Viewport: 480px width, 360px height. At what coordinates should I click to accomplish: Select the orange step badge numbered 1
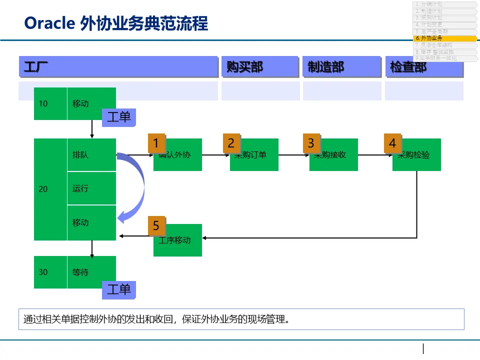tap(156, 143)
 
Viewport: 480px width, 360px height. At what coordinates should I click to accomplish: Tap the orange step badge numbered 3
tap(311, 143)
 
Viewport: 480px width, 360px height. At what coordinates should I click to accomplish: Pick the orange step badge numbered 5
tap(156, 226)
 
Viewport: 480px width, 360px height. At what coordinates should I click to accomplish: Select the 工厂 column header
tap(118, 67)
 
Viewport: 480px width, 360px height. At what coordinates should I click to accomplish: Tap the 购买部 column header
tap(260, 67)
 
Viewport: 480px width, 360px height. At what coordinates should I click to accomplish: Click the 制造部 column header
tap(341, 67)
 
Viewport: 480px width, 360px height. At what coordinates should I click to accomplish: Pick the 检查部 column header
tap(424, 67)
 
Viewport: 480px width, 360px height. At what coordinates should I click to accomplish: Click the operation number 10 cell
tap(50, 103)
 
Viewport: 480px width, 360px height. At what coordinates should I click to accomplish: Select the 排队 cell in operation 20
tap(91, 155)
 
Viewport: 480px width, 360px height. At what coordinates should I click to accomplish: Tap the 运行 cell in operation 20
tap(91, 188)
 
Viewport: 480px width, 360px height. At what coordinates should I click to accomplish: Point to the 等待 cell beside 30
tap(91, 272)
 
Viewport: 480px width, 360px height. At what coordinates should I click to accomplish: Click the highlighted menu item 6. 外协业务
tap(444, 38)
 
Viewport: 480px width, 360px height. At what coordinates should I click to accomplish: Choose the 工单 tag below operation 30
tap(119, 289)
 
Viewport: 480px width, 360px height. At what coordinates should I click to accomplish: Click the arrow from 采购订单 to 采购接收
tap(293, 155)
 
